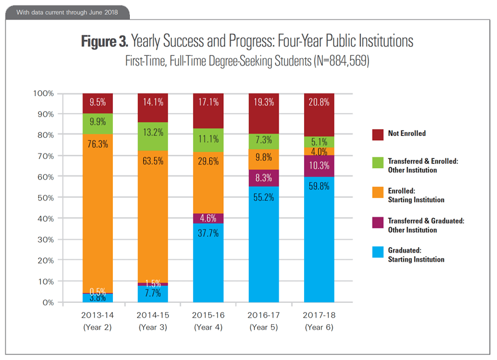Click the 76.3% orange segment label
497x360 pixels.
(98, 144)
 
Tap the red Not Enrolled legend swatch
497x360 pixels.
(377, 134)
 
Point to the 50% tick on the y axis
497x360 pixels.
(43, 197)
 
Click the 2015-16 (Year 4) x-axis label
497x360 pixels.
(208, 321)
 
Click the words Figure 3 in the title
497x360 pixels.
(104, 41)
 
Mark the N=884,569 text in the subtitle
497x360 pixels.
(331, 61)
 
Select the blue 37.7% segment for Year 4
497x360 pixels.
(208, 262)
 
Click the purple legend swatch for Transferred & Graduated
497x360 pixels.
(377, 221)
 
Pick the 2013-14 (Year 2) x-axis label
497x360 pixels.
(98, 321)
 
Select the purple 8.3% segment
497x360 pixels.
(263, 178)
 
